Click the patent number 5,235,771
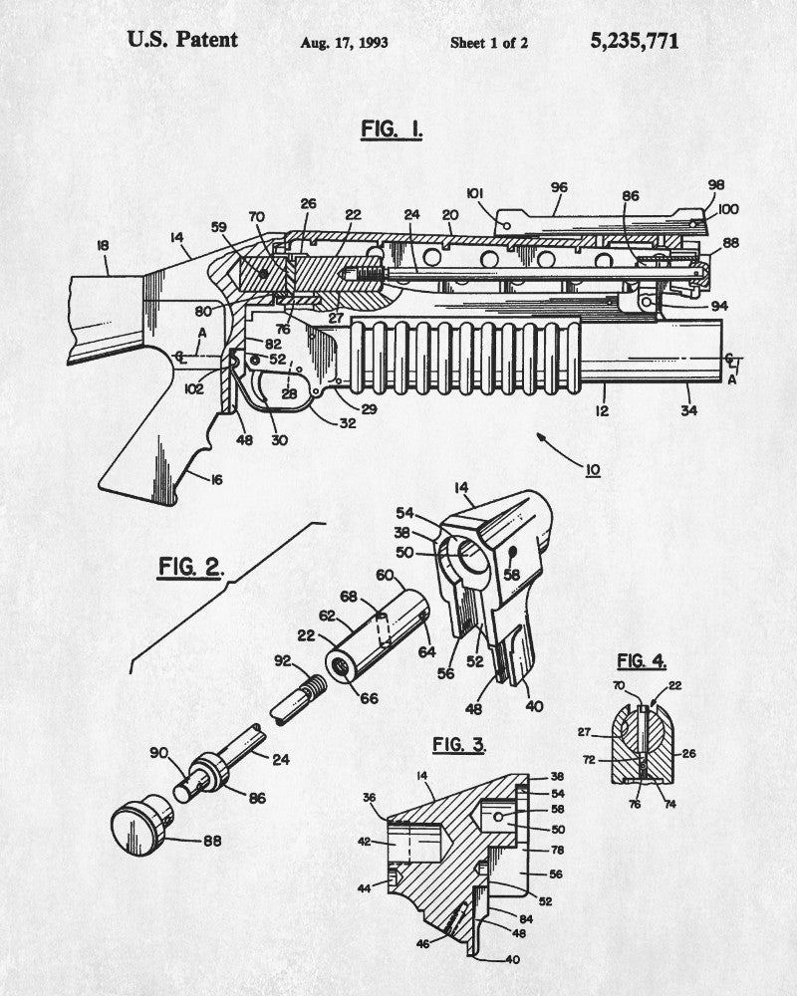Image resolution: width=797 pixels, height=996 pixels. pos(635,41)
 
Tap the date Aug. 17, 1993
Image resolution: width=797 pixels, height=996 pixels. pos(344,43)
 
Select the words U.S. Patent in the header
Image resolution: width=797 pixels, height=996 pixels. pos(182,40)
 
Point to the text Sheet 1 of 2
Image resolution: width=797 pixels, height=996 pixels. pos(489,43)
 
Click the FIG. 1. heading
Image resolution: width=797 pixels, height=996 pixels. pos(392,128)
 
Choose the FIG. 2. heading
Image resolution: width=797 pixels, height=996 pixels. pos(190,567)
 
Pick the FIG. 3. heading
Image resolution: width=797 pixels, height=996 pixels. pos(459,744)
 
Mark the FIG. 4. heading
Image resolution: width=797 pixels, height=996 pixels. pos(642,661)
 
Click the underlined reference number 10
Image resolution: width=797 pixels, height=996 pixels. pos(593,471)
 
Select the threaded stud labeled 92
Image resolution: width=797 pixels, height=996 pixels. pos(298,699)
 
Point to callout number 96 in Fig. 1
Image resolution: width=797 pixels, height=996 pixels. pos(559,187)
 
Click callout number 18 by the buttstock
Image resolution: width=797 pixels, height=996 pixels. pos(103,245)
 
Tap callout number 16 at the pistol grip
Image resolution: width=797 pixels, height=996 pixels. pos(217,480)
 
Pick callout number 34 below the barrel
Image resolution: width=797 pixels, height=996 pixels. pos(689,410)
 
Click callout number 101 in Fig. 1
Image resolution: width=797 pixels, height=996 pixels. pos(475,193)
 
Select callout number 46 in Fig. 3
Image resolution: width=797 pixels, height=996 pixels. pos(422,944)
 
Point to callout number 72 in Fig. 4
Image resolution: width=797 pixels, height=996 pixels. pos(589,759)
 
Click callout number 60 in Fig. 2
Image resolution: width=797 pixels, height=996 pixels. pos(385,575)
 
